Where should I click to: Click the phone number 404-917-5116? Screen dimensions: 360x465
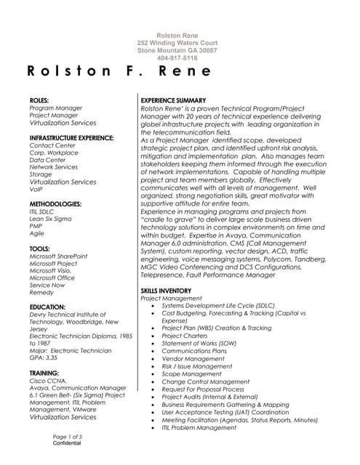(177, 58)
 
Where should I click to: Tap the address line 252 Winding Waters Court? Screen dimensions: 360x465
(177, 43)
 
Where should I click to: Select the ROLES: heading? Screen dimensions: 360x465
(39, 100)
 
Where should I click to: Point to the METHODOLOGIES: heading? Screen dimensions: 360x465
(55, 204)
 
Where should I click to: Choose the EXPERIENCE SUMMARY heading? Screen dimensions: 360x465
(173, 100)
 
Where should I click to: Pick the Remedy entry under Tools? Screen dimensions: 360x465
(41, 292)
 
